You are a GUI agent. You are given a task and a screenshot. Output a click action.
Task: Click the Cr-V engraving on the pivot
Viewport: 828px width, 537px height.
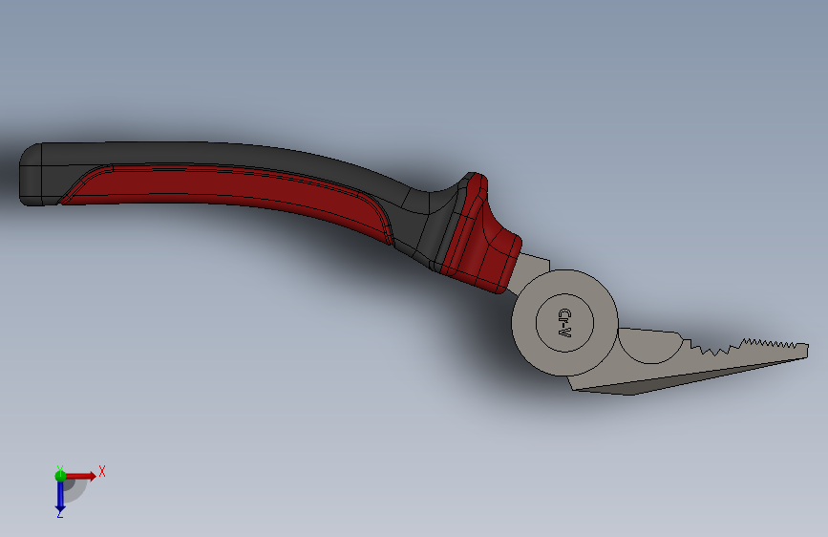coord(564,323)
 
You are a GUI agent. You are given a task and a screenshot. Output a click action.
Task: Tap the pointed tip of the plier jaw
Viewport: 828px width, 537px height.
coord(806,350)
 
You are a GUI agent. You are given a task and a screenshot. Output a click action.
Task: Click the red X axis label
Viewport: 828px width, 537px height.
coord(102,471)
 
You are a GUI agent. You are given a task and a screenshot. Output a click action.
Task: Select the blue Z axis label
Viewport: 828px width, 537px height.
coord(59,514)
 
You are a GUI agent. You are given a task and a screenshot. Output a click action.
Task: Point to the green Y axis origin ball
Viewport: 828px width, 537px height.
coord(60,476)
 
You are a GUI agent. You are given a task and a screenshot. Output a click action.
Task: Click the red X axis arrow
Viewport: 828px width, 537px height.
coord(79,476)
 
